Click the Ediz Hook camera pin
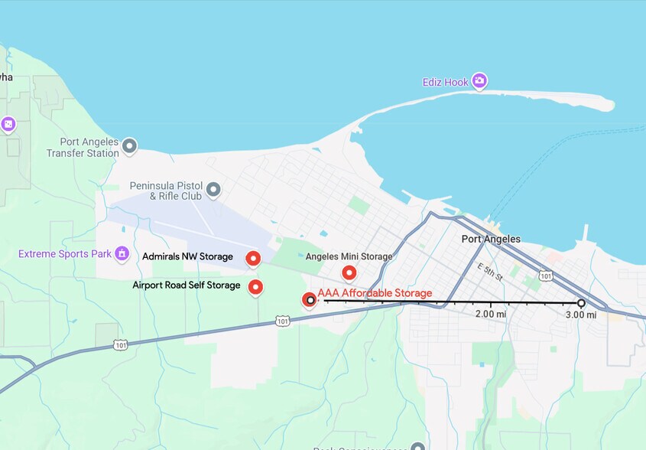pyautogui.click(x=479, y=80)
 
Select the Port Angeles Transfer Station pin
pyautogui.click(x=130, y=145)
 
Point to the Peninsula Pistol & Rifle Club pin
pyautogui.click(x=213, y=188)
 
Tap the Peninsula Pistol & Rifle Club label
pyautogui.click(x=165, y=191)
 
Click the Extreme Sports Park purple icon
pyautogui.click(x=122, y=253)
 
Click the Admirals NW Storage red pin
pyautogui.click(x=253, y=259)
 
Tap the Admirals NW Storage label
pyautogui.click(x=187, y=257)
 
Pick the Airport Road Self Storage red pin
pyautogui.click(x=256, y=287)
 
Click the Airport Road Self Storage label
pyautogui.click(x=186, y=285)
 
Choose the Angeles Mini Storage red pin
pyautogui.click(x=349, y=272)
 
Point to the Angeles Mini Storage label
pyautogui.click(x=349, y=257)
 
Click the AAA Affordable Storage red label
pyautogui.click(x=375, y=293)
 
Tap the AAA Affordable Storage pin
pyautogui.click(x=309, y=300)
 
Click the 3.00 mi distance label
pyautogui.click(x=581, y=315)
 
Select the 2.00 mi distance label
pyautogui.click(x=490, y=315)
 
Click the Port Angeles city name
pyautogui.click(x=491, y=239)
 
